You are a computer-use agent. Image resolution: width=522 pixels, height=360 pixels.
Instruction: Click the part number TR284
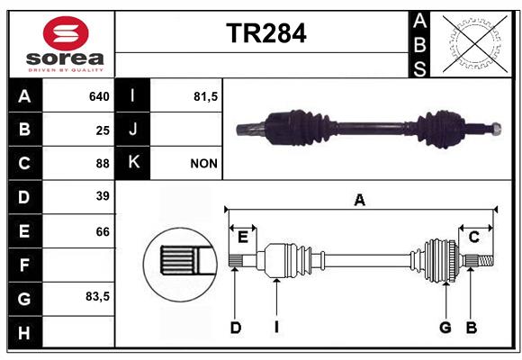(x=266, y=33)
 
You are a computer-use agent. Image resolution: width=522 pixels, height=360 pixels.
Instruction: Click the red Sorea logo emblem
(x=66, y=33)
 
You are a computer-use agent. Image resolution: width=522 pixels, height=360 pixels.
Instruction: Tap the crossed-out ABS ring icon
(x=474, y=43)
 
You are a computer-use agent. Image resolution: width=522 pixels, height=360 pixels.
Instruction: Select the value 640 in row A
(x=99, y=96)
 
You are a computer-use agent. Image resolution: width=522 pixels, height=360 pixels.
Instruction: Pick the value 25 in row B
(x=103, y=130)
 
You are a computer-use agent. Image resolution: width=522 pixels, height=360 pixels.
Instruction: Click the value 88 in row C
(x=103, y=164)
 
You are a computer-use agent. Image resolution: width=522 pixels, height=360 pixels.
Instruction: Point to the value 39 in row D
(x=103, y=196)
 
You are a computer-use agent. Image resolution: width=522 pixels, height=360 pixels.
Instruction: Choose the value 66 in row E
(x=103, y=231)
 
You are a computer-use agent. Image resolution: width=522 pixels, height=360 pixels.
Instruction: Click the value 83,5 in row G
(x=97, y=296)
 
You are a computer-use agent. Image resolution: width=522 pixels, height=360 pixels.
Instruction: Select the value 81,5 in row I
(x=205, y=96)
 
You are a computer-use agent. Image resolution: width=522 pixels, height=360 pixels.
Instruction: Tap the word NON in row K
(x=203, y=164)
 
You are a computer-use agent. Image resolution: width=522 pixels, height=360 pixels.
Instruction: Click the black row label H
(x=25, y=332)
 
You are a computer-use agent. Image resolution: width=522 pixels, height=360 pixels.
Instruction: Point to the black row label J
(x=132, y=130)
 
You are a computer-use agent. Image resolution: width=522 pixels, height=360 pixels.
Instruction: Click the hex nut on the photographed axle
(x=496, y=129)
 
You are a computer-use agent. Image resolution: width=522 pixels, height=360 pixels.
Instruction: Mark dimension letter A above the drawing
(x=359, y=200)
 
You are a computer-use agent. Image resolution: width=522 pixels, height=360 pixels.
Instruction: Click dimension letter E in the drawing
(x=243, y=237)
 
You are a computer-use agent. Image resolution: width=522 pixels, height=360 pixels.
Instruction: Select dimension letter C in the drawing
(x=473, y=237)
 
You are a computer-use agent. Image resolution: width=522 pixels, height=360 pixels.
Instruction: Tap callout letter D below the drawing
(x=236, y=328)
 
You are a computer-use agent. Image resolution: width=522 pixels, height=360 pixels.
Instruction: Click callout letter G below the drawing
(x=445, y=328)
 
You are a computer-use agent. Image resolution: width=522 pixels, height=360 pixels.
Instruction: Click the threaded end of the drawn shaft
(x=485, y=260)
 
